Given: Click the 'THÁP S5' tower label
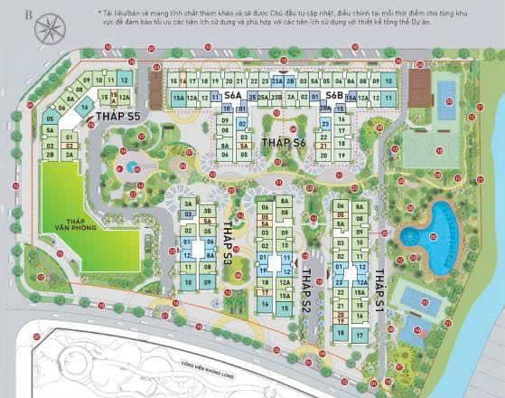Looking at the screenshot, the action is (121, 118).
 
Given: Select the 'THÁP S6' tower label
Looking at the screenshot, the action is (284, 143).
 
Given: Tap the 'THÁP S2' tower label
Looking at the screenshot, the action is (306, 289).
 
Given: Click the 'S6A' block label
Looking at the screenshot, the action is (233, 94).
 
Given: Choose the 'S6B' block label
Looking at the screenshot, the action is (334, 94).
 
